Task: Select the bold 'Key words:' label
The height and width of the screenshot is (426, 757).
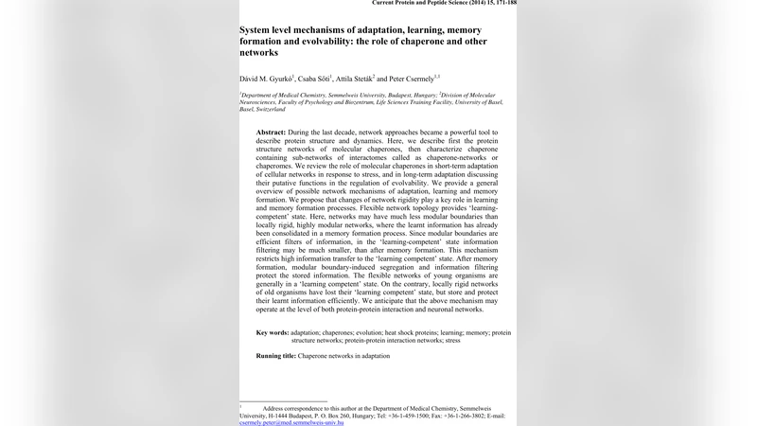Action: tap(273, 332)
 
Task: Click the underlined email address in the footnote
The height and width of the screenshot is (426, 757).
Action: tap(291, 423)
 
